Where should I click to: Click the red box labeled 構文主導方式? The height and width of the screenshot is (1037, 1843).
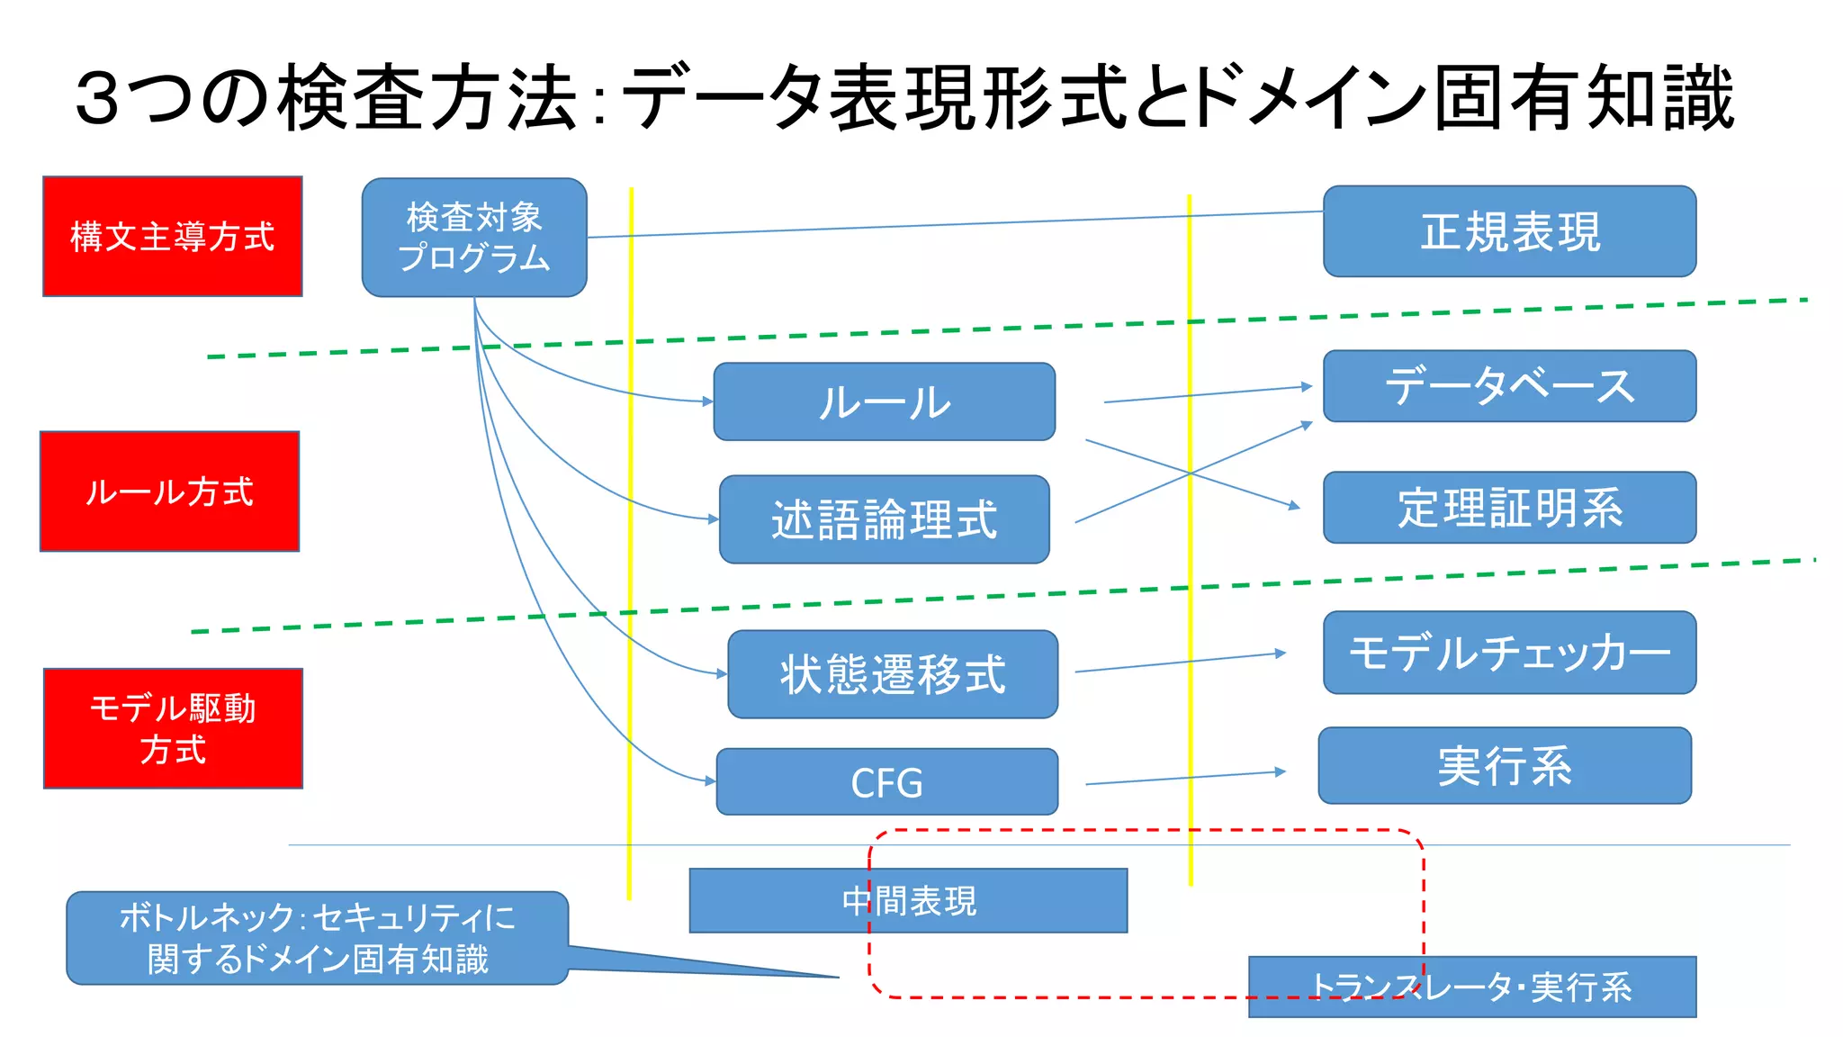(x=172, y=236)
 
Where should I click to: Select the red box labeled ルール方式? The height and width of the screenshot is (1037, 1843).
(x=169, y=491)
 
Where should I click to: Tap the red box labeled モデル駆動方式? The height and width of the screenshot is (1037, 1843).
(x=173, y=728)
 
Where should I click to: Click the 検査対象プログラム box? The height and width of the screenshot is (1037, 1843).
(x=474, y=237)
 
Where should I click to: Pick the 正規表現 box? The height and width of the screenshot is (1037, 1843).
(x=1509, y=231)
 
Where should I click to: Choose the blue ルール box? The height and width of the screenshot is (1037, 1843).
(x=884, y=401)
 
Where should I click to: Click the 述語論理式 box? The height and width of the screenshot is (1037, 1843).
(x=884, y=519)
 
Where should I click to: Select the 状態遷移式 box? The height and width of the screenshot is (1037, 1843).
(x=892, y=674)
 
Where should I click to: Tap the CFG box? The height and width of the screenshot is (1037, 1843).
(x=886, y=781)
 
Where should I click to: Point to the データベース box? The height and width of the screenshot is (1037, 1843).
(x=1509, y=386)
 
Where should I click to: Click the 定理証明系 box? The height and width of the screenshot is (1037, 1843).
(x=1509, y=507)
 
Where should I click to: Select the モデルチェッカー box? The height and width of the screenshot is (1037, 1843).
(x=1509, y=653)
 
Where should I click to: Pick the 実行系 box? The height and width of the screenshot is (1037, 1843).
(x=1505, y=765)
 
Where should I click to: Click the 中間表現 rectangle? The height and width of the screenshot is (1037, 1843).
(x=908, y=900)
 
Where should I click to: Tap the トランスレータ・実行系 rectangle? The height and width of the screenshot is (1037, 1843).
(x=1472, y=987)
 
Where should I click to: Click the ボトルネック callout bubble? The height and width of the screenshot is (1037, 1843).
(x=317, y=938)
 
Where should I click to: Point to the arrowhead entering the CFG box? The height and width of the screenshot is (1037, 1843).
(x=711, y=781)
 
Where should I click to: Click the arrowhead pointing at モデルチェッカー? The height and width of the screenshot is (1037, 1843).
(x=1281, y=654)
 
